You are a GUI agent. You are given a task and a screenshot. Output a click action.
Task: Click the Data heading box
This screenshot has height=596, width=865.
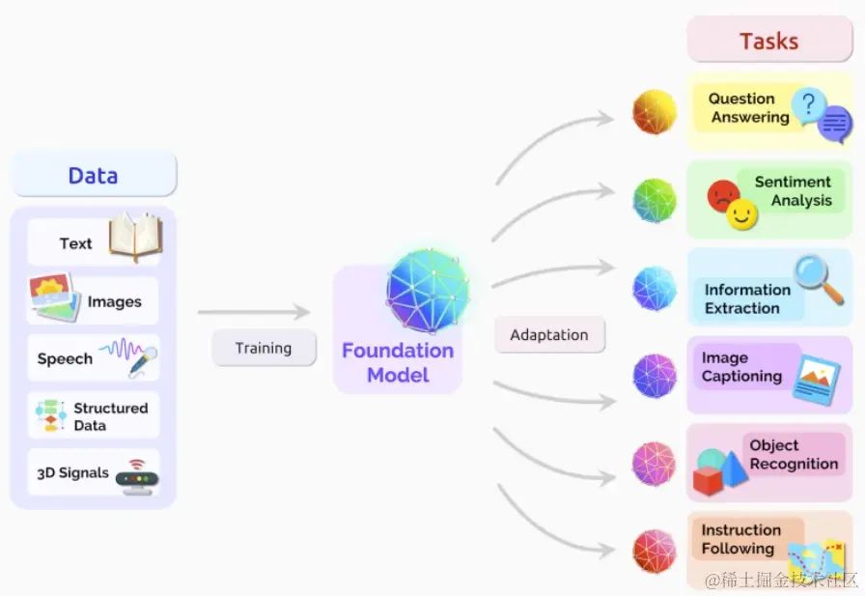93,175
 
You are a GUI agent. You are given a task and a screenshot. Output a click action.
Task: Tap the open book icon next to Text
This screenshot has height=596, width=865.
134,238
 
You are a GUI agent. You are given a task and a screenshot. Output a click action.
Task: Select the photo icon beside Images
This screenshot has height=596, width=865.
53,298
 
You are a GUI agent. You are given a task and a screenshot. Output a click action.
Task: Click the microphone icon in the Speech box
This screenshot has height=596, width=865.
143,360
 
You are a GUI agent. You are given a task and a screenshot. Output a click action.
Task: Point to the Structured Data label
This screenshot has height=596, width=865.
110,416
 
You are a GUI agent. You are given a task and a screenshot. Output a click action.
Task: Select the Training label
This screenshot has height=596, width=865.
264,348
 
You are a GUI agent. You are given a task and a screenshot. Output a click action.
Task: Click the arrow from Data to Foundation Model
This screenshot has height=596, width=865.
253,312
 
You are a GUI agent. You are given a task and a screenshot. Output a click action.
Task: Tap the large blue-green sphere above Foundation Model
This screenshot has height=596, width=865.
428,288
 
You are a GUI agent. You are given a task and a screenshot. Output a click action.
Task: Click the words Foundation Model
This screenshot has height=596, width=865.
398,362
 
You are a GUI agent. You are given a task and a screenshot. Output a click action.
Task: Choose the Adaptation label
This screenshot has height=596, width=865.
548,335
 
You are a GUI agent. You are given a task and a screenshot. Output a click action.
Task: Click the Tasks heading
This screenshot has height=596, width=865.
768,42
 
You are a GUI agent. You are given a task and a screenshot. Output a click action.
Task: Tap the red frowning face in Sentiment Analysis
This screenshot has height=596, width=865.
723,196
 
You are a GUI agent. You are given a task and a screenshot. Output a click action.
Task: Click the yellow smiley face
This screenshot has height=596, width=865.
742,215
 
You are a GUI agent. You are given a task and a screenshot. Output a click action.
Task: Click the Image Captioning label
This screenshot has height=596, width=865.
741,367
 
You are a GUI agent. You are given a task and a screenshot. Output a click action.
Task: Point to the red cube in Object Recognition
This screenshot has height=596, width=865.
709,479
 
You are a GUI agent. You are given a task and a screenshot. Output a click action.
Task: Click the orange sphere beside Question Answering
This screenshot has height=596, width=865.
654,112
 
